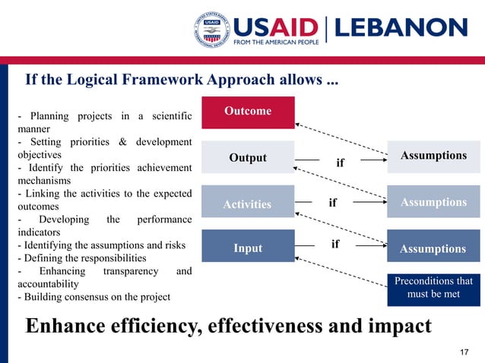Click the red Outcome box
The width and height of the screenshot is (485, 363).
coord(248,112)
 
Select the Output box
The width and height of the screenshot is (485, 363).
coord(248,157)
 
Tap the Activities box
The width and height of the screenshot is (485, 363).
coord(248,204)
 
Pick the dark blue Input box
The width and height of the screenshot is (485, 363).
coord(248,248)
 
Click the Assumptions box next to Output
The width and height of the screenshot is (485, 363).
coord(433,156)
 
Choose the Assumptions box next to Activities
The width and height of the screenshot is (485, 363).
coord(433,202)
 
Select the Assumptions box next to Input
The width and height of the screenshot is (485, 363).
coord(433,248)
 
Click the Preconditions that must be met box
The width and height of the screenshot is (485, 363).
coord(433,288)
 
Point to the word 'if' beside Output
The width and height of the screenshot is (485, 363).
coord(340,163)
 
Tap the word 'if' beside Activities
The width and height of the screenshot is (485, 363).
coord(332,203)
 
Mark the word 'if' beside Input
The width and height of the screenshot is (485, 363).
coord(335,245)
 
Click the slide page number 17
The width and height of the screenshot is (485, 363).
coord(465,352)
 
